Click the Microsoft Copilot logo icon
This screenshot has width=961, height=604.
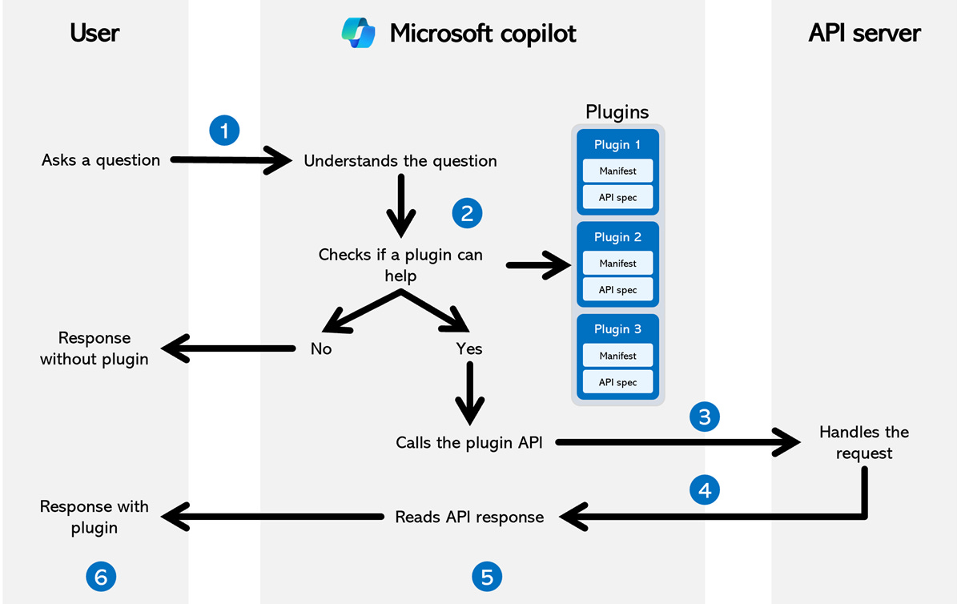[x=358, y=33]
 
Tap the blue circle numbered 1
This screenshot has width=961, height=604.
[x=224, y=131]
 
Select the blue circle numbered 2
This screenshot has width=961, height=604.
[x=467, y=212]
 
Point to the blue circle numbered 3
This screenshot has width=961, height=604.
[x=705, y=417]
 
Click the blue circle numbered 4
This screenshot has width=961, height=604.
[x=705, y=490]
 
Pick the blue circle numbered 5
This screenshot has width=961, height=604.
[x=487, y=576]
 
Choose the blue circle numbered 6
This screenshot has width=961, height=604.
[x=101, y=576]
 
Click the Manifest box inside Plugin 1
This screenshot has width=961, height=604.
[x=617, y=171]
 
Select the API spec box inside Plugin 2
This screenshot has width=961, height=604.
[x=617, y=290]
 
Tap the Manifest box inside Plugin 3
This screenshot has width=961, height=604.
[x=617, y=356]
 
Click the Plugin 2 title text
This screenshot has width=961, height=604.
[x=617, y=237]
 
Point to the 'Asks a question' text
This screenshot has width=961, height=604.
[x=101, y=160]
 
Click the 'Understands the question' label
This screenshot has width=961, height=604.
[x=400, y=161]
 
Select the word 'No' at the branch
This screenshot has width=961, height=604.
[x=321, y=349]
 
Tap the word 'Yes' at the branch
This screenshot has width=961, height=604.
[x=469, y=349]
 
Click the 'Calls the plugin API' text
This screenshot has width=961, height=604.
[x=469, y=442]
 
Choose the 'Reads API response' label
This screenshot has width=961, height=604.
[x=469, y=517]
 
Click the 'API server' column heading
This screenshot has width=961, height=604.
[x=864, y=33]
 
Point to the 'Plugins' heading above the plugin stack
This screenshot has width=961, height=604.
[x=617, y=111]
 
